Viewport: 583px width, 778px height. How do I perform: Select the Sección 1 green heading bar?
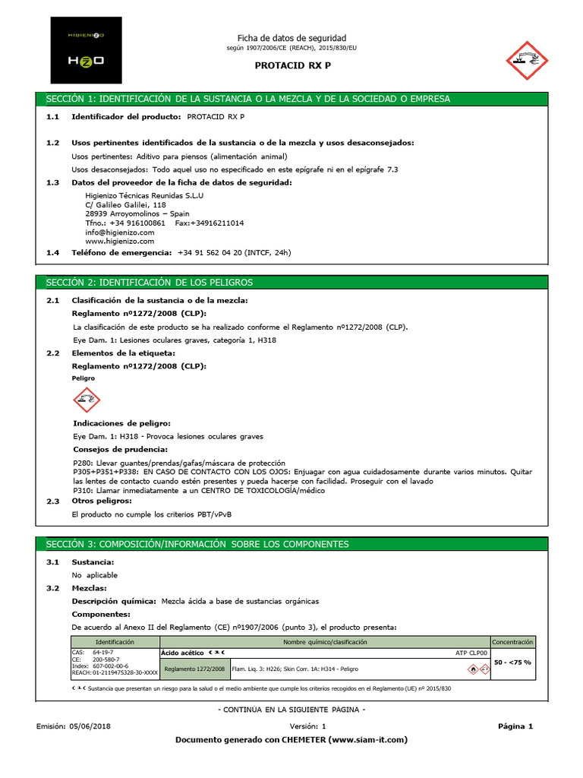point(291,100)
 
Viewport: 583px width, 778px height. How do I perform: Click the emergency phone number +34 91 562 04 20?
point(221,252)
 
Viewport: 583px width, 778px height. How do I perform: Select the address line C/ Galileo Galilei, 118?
point(125,205)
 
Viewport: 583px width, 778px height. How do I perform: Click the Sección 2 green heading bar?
point(291,283)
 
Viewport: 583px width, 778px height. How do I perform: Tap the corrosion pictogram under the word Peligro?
point(87,400)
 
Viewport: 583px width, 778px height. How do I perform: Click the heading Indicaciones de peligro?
point(121,423)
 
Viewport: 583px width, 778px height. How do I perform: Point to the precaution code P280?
point(82,463)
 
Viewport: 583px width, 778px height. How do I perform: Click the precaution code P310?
point(82,491)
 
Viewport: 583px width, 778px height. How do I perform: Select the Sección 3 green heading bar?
point(291,545)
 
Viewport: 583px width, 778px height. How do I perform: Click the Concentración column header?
point(513,642)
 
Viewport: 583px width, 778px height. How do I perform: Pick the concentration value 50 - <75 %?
point(513,663)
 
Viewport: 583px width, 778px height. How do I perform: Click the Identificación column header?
point(115,642)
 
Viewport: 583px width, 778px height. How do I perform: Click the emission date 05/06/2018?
point(90,726)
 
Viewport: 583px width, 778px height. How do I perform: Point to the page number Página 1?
point(515,726)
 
